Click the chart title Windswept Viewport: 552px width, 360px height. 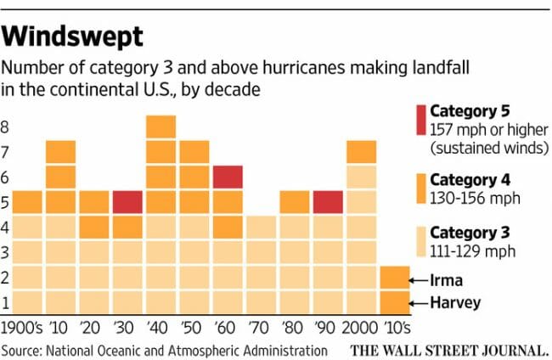pos(71,37)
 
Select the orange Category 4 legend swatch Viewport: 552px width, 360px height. pos(418,189)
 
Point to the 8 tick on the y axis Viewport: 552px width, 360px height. pos(6,128)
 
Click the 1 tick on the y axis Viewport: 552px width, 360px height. pos(6,303)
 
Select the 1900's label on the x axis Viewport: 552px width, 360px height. pos(23,328)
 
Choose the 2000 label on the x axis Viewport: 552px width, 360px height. pos(361,328)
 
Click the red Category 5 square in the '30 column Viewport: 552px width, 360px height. pos(127,202)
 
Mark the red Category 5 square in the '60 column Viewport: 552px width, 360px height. pos(228,177)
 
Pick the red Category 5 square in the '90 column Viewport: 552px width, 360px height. pos(327,202)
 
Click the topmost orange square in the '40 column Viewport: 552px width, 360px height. pos(161,127)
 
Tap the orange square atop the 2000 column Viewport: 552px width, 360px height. pos(361,151)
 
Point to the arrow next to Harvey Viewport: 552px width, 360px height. pos(418,303)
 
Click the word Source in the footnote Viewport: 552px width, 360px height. pos(23,350)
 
